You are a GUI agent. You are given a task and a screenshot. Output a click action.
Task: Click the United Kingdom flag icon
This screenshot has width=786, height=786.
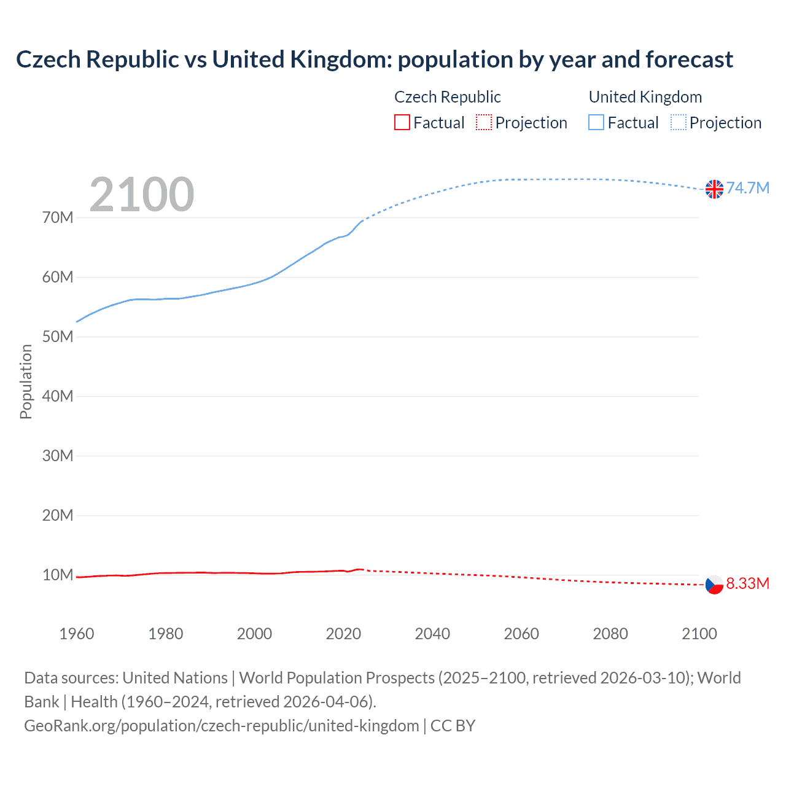pyautogui.click(x=714, y=189)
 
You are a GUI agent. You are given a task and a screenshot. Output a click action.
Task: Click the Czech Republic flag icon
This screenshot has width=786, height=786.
pyautogui.click(x=714, y=585)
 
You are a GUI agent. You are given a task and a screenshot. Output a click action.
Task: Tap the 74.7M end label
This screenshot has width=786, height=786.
pyautogui.click(x=747, y=188)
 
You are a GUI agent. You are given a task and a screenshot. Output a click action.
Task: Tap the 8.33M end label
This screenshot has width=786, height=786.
pyautogui.click(x=747, y=583)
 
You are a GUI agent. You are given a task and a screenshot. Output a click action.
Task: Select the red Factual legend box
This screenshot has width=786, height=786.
pyautogui.click(x=402, y=123)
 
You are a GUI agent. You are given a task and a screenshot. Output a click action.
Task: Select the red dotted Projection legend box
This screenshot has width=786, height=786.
pyautogui.click(x=484, y=123)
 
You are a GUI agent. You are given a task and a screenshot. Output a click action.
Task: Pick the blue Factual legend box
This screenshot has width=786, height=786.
pyautogui.click(x=596, y=123)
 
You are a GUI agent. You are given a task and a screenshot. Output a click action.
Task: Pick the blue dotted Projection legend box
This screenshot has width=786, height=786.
pyautogui.click(x=679, y=123)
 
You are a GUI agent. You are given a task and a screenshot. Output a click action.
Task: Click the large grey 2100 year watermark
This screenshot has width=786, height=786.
pyautogui.click(x=142, y=195)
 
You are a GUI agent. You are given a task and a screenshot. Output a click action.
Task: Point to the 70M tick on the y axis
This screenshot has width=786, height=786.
pyautogui.click(x=58, y=218)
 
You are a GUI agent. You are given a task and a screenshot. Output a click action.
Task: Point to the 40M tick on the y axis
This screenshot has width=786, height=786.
pyautogui.click(x=58, y=397)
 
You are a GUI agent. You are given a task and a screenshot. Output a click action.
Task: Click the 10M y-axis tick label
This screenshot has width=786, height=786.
pyautogui.click(x=58, y=575)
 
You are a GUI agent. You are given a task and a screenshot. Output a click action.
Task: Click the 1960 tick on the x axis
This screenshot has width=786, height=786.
pyautogui.click(x=77, y=634)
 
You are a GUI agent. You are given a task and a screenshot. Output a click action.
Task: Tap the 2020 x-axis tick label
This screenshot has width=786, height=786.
pyautogui.click(x=343, y=634)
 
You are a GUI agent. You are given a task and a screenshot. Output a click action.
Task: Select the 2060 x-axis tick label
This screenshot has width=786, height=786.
pyautogui.click(x=521, y=634)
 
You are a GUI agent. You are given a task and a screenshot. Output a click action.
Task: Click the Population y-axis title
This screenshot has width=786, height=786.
pyautogui.click(x=26, y=381)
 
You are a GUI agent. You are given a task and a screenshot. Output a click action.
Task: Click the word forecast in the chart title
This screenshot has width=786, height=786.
pyautogui.click(x=689, y=60)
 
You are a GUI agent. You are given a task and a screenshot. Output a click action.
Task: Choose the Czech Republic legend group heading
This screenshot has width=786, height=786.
pyautogui.click(x=447, y=97)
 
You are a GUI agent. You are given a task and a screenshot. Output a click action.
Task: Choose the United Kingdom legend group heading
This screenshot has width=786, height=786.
pyautogui.click(x=645, y=97)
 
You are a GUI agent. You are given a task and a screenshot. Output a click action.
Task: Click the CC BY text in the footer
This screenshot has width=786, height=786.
pyautogui.click(x=453, y=726)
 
